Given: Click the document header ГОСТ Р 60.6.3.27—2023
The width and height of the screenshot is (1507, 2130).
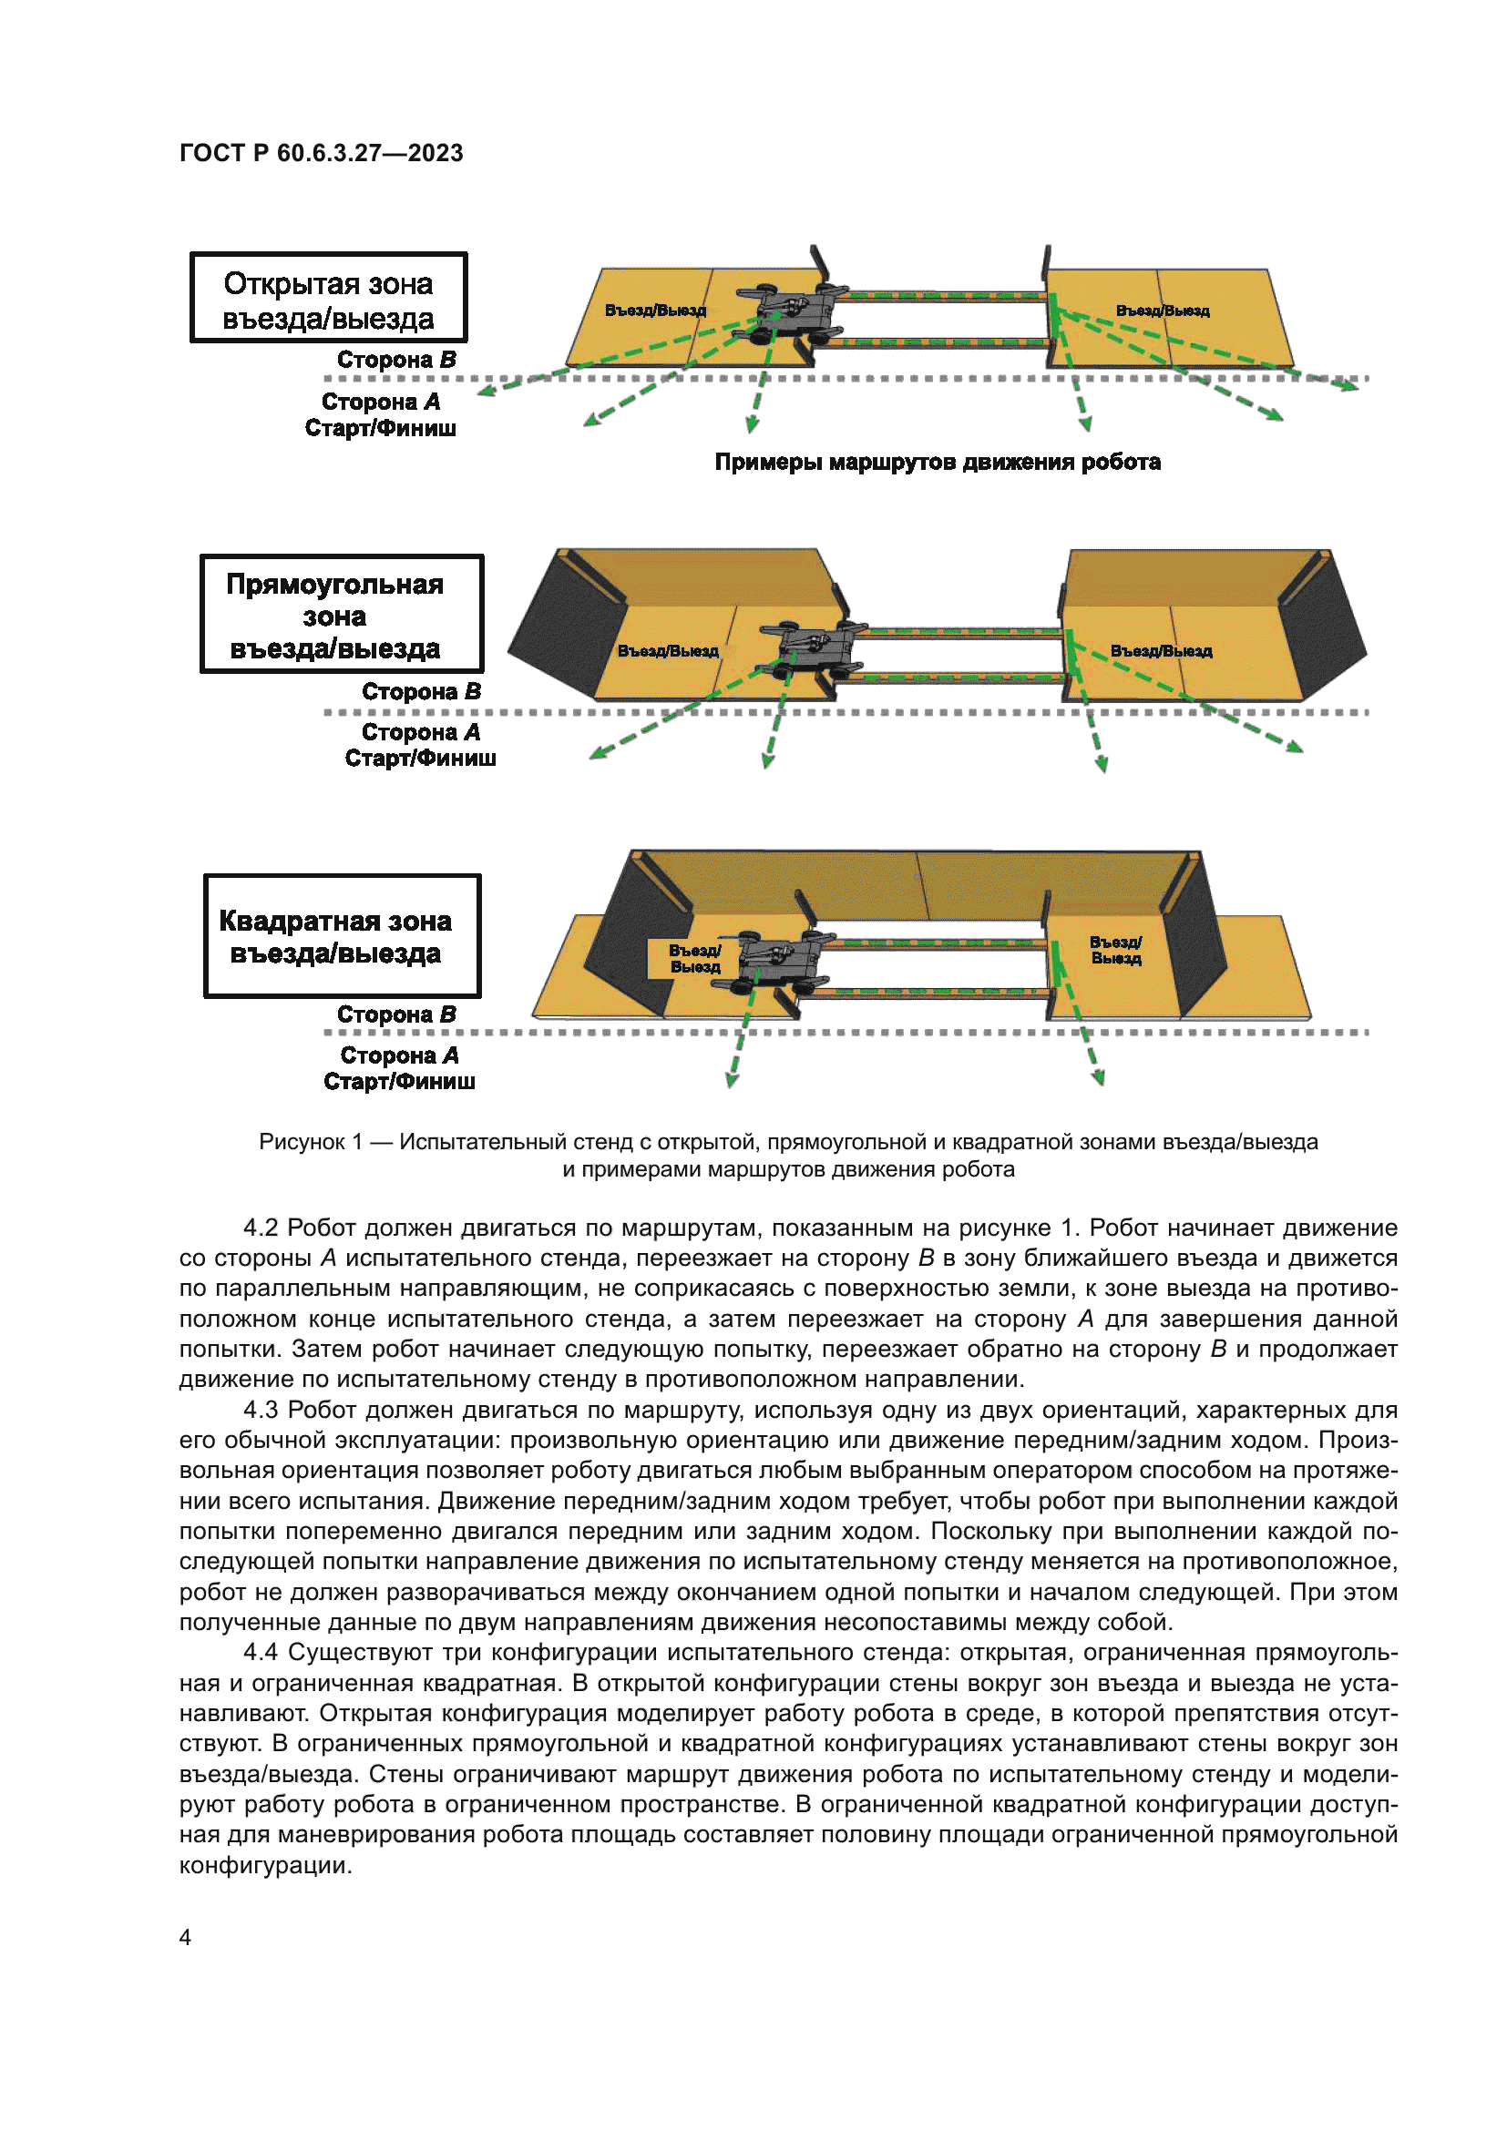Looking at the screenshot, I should (x=321, y=153).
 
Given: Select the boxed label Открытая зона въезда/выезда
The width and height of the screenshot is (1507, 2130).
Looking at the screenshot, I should (x=329, y=299).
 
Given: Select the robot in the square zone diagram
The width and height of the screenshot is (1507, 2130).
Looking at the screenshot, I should (x=777, y=963).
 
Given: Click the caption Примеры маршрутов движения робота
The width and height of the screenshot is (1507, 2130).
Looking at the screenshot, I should (x=938, y=462).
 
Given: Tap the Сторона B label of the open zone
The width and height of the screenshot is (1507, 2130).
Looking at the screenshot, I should (x=396, y=360).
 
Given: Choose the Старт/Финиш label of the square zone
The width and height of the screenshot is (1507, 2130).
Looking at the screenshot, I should (x=399, y=1082).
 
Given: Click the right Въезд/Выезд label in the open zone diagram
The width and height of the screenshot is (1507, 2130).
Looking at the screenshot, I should (x=1162, y=311).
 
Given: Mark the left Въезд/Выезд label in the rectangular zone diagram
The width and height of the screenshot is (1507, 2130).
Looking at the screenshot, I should (x=668, y=651).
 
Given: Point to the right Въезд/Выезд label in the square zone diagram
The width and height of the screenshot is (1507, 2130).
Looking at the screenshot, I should (x=1115, y=950).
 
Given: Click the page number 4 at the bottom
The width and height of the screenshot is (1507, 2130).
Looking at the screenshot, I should (x=186, y=1937).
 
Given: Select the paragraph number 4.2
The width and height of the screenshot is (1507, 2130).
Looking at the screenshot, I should (x=260, y=1228).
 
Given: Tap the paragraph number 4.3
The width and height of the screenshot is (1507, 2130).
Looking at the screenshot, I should (x=260, y=1410).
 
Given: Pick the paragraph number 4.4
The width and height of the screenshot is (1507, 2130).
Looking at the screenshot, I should (x=260, y=1652).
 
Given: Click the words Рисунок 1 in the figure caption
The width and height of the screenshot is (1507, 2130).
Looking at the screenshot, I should (x=310, y=1142).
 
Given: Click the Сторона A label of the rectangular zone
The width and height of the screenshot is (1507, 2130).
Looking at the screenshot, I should (x=420, y=733).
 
